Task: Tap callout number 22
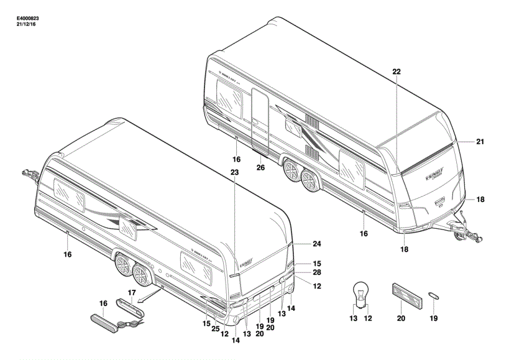pos(397,72)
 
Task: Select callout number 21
pos(480,142)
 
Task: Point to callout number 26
pos(260,167)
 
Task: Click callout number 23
pos(234,172)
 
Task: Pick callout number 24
pos(316,243)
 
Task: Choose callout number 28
pos(316,273)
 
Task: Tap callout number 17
pos(131,292)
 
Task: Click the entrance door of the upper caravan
pos(260,121)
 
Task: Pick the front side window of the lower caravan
pos(69,193)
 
